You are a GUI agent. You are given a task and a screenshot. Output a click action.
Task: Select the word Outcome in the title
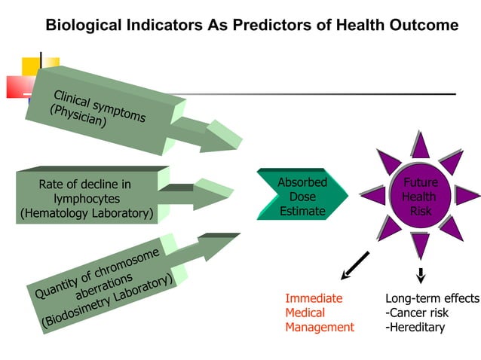click(423, 26)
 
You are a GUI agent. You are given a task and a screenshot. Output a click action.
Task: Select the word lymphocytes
click(84, 199)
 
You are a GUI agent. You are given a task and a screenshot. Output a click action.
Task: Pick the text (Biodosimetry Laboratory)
click(109, 301)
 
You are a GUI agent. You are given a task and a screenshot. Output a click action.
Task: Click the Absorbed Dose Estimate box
click(302, 197)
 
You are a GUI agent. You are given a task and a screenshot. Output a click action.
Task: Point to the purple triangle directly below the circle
click(421, 245)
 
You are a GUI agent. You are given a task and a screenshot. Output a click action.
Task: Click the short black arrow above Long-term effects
click(421, 275)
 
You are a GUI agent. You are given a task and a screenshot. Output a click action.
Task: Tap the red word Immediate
click(313, 298)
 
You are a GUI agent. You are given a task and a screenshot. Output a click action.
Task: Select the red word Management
click(319, 327)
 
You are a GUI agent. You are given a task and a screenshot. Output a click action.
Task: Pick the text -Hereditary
click(415, 327)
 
